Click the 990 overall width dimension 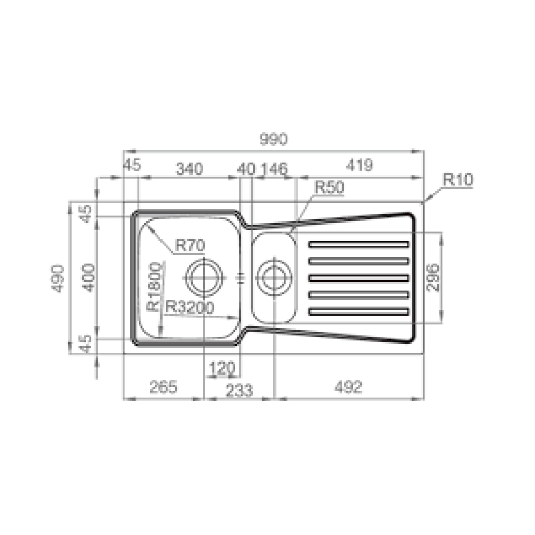click(x=274, y=139)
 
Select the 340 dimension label click(x=189, y=169)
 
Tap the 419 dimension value click(x=359, y=165)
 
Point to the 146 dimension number click(x=274, y=169)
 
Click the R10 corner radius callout click(x=458, y=179)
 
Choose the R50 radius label click(x=329, y=187)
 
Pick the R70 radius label click(x=190, y=245)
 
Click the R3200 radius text click(x=189, y=308)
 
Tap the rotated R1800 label click(x=154, y=287)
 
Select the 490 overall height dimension click(x=58, y=278)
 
